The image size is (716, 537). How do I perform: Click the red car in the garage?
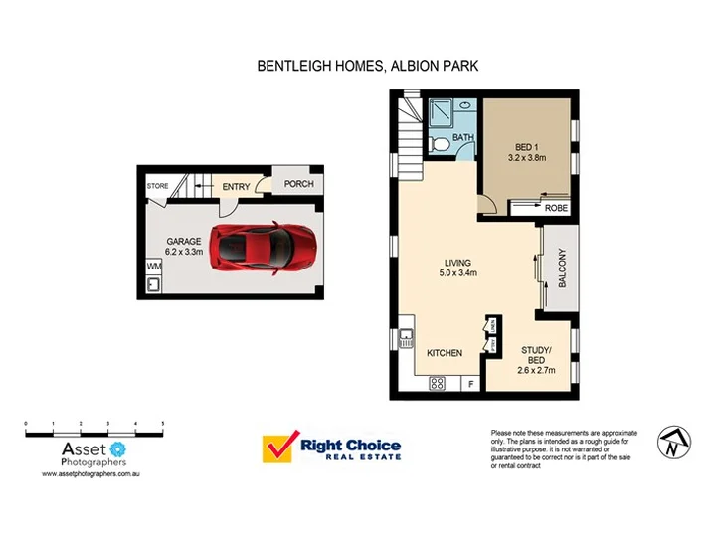click(265, 246)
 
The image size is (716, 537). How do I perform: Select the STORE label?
click(157, 186)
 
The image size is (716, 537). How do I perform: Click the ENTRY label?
click(236, 187)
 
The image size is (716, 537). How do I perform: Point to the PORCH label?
click(298, 184)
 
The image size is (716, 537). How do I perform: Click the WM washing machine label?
click(154, 267)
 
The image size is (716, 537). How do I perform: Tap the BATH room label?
click(463, 138)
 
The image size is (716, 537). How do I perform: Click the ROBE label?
click(555, 208)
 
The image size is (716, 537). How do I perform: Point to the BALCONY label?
click(562, 268)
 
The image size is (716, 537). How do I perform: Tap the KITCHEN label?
click(444, 353)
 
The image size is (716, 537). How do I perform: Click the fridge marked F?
click(470, 383)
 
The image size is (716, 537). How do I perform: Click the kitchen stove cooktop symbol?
click(437, 383)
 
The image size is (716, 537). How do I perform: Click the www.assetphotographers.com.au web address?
click(87, 475)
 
